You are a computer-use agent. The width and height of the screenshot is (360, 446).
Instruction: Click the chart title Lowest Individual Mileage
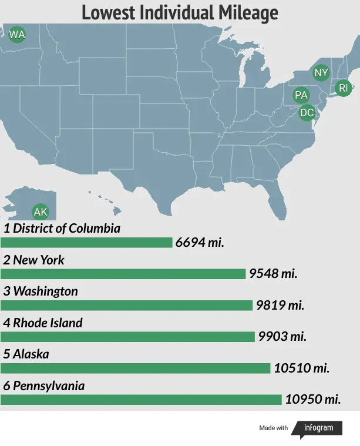click(180, 12)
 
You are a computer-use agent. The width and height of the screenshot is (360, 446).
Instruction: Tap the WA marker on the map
click(17, 35)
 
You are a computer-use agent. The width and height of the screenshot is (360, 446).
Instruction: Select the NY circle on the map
click(321, 73)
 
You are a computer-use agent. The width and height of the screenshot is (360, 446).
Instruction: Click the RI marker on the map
click(344, 88)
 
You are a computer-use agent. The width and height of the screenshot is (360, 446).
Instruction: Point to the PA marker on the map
click(301, 95)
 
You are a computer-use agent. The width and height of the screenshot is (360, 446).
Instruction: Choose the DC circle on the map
click(307, 112)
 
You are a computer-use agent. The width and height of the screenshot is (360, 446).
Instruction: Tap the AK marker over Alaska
click(41, 212)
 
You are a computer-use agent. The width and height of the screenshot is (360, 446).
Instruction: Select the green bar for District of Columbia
click(86, 243)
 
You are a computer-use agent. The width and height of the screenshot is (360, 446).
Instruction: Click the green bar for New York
click(123, 274)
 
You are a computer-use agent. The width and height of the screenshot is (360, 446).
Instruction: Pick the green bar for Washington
click(126, 306)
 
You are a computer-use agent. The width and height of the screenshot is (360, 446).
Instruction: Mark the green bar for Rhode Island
click(127, 337)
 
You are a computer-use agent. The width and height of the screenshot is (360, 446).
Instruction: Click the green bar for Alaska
click(135, 368)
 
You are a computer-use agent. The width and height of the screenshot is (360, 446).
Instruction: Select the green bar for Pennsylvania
click(141, 400)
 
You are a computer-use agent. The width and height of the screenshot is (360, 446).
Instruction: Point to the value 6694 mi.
click(200, 243)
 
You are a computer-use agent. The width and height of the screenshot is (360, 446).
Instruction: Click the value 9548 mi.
click(273, 274)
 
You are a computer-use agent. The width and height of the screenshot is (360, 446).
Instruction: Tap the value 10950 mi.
click(313, 400)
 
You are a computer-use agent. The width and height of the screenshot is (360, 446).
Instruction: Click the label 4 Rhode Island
click(43, 323)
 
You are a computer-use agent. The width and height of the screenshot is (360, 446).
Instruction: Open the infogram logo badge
click(318, 428)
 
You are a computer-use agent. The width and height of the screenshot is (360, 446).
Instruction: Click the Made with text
click(274, 428)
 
